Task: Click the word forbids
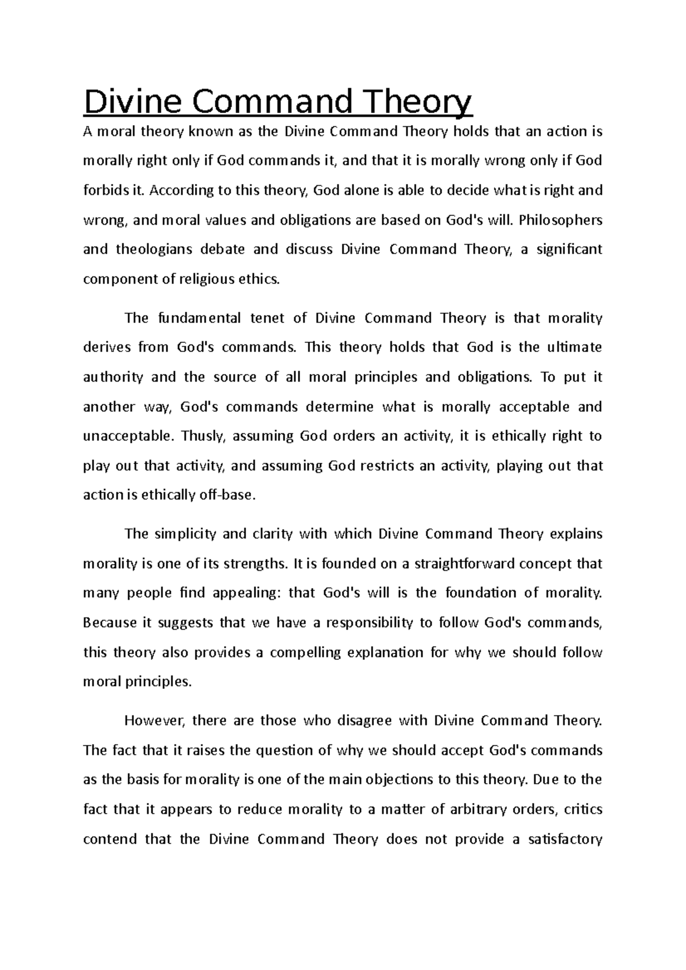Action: (x=103, y=190)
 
